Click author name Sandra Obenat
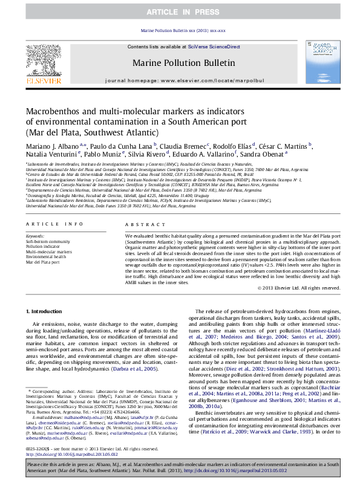(262, 154)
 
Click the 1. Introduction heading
(46, 311)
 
